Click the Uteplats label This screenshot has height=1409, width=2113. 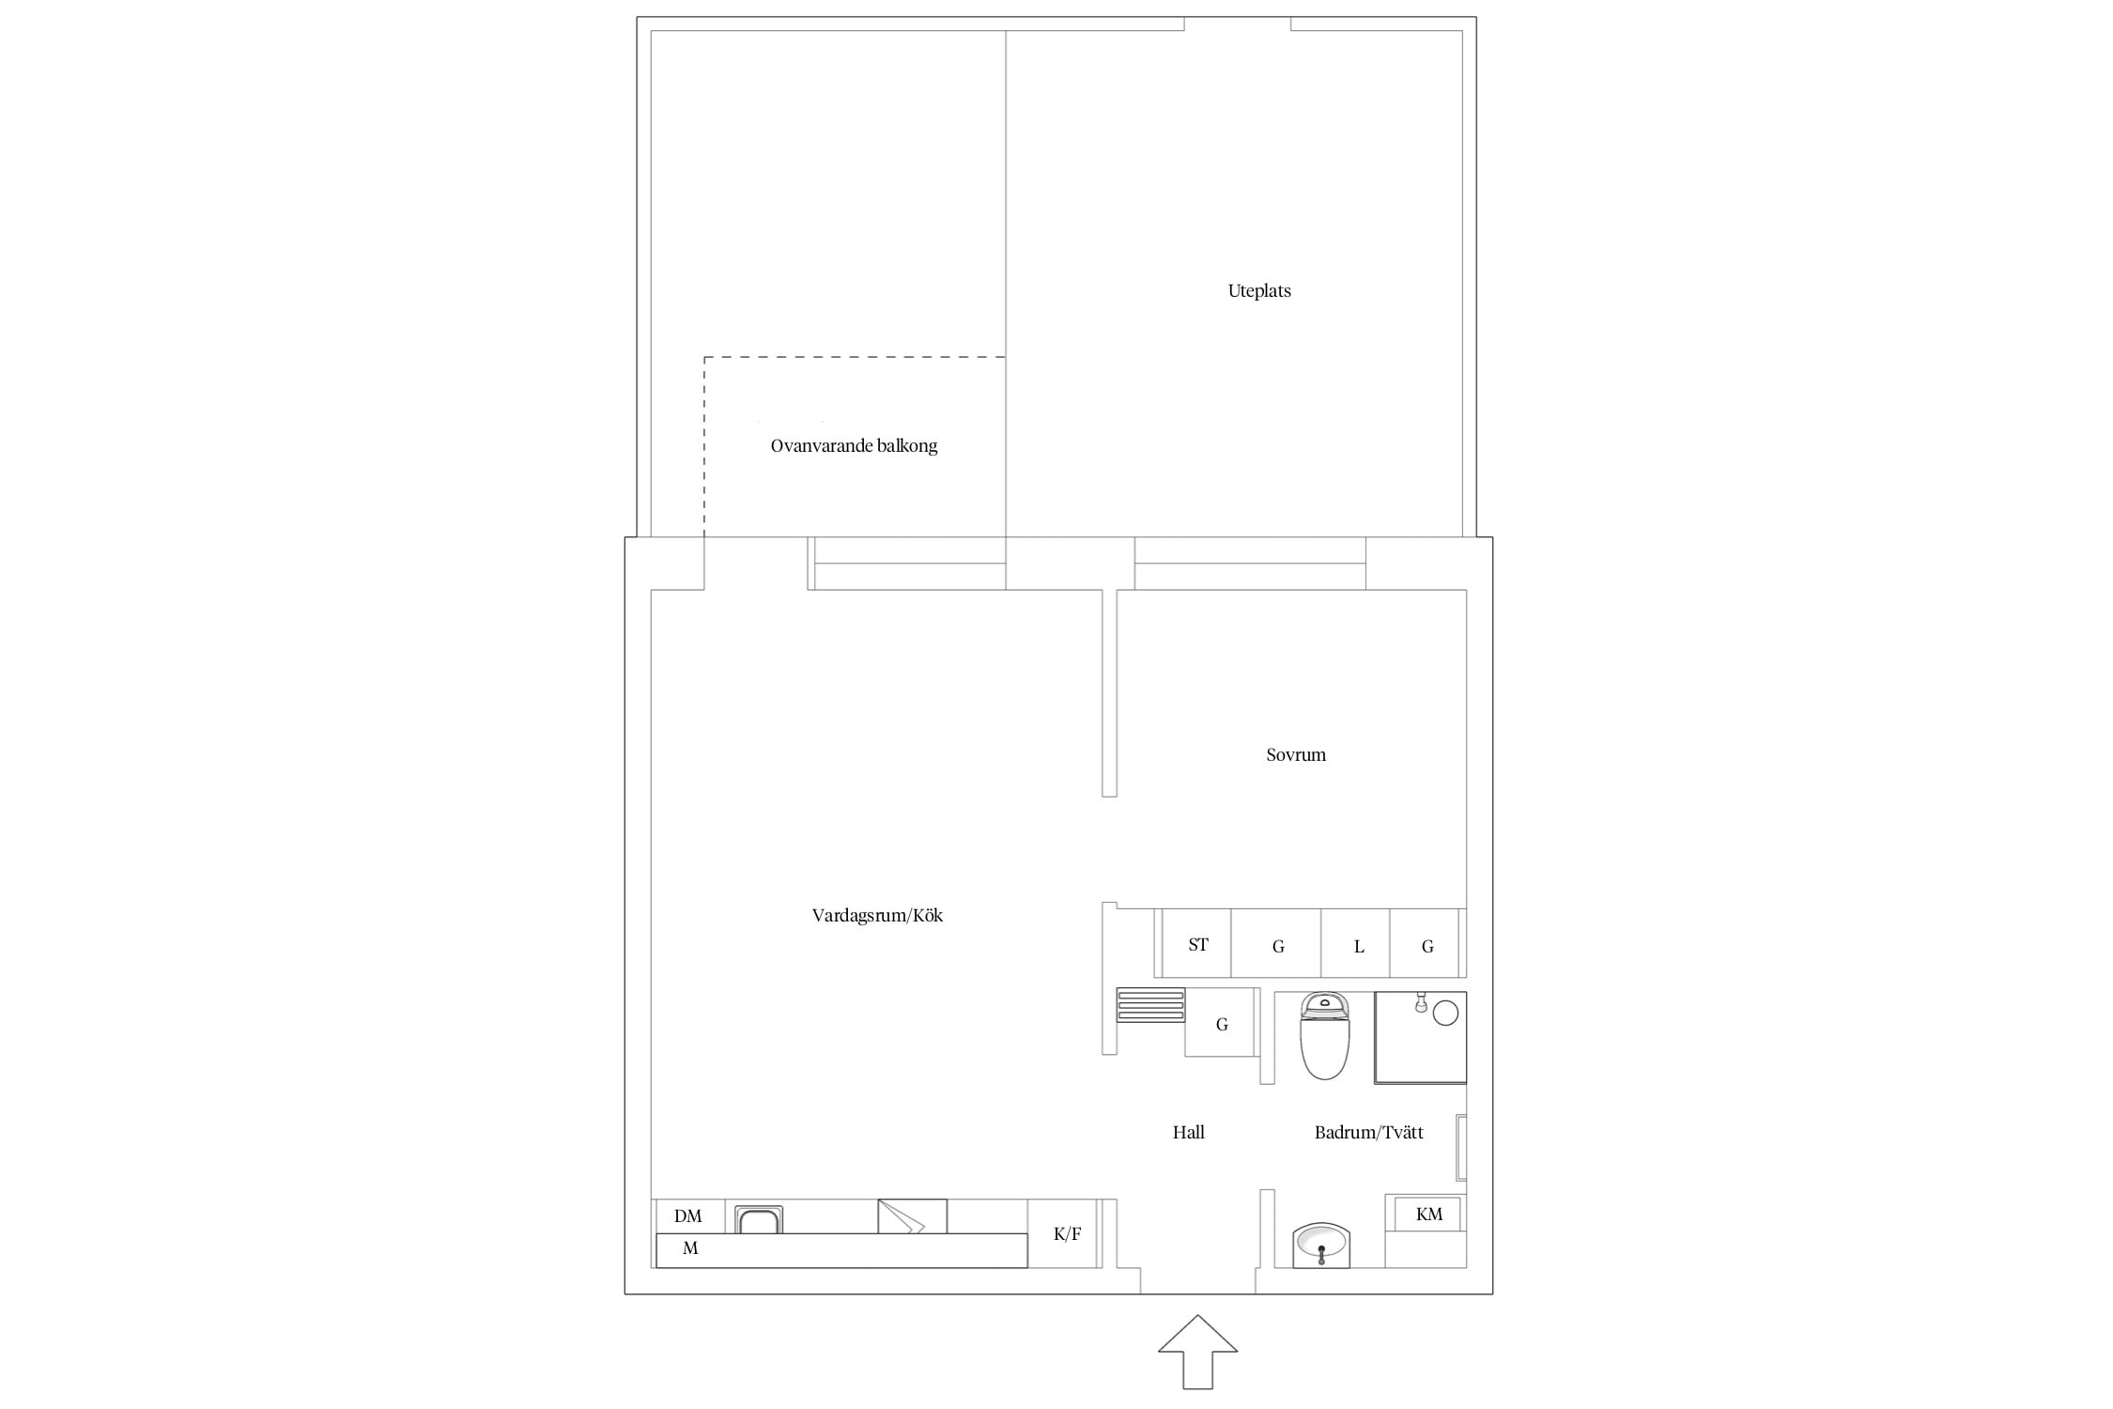click(x=1259, y=291)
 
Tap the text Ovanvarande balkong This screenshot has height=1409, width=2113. click(x=854, y=446)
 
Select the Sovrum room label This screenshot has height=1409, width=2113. click(x=1296, y=754)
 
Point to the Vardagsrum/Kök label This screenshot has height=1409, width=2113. click(x=877, y=915)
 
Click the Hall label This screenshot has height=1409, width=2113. click(x=1189, y=1132)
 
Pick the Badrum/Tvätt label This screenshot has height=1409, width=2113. click(x=1369, y=1132)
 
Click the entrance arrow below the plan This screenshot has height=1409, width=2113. click(x=1197, y=1352)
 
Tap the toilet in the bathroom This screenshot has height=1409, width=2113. click(x=1325, y=1036)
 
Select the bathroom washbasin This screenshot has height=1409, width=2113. click(x=1321, y=1246)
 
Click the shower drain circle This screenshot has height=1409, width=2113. click(x=1445, y=1013)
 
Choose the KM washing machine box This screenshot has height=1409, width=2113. click(x=1428, y=1214)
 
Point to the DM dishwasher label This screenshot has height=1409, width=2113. click(x=688, y=1216)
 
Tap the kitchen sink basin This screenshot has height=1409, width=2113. click(x=759, y=1220)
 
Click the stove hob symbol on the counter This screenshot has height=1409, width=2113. click(x=912, y=1216)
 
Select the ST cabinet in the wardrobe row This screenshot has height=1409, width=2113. click(x=1196, y=943)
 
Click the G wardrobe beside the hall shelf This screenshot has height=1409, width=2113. click(x=1221, y=1023)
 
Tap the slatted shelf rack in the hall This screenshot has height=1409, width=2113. click(x=1150, y=1005)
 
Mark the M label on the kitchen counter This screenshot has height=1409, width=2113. click(x=690, y=1248)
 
